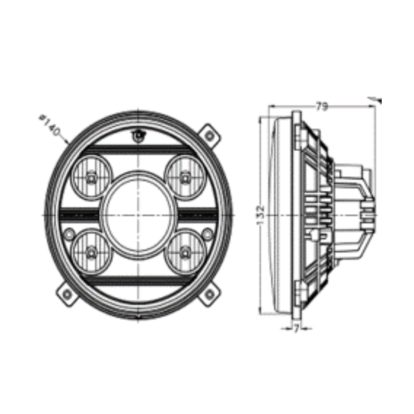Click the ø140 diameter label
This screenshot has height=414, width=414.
pyautogui.click(x=50, y=125)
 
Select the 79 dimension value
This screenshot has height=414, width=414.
pyautogui.click(x=322, y=106)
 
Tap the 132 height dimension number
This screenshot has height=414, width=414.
pyautogui.click(x=260, y=215)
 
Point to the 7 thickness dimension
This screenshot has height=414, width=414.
pyautogui.click(x=296, y=329)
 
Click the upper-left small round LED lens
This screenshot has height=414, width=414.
pyautogui.click(x=92, y=178)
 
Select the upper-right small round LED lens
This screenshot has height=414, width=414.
pyautogui.click(x=185, y=178)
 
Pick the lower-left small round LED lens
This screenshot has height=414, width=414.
pyautogui.click(x=91, y=252)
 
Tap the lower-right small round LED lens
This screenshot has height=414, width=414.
pyautogui.click(x=185, y=252)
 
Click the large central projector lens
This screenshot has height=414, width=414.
pyautogui.click(x=138, y=215)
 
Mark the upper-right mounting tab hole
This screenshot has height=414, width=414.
pyautogui.click(x=209, y=136)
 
